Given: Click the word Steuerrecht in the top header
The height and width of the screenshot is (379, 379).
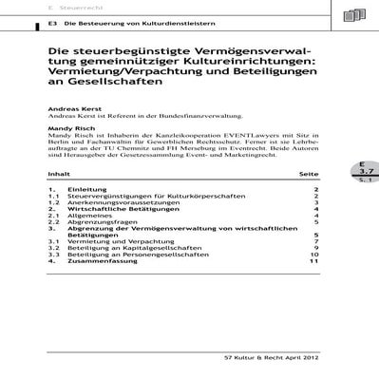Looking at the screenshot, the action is click(76, 6).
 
